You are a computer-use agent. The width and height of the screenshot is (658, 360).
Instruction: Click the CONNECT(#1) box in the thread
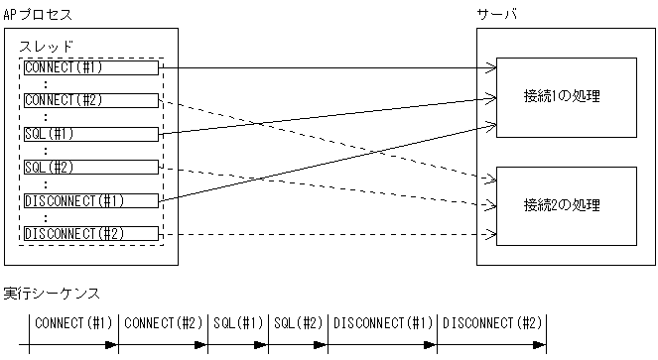click(x=90, y=67)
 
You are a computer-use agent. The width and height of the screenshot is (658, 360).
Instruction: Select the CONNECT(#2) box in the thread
click(x=90, y=100)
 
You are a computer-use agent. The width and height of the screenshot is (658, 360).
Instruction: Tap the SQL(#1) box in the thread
click(x=90, y=133)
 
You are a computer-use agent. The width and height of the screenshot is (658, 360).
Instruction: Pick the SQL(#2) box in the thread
click(x=90, y=167)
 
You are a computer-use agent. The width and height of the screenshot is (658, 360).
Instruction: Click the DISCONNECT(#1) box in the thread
click(x=90, y=200)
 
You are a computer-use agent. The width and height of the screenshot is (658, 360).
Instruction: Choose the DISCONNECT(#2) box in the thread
click(x=90, y=234)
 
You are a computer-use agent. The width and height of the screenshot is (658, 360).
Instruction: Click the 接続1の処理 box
click(x=565, y=97)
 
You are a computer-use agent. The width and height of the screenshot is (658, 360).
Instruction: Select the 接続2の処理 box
click(x=565, y=205)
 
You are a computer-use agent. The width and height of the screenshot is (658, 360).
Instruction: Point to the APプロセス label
click(x=39, y=14)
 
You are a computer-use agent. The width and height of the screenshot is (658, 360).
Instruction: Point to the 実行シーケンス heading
click(x=51, y=294)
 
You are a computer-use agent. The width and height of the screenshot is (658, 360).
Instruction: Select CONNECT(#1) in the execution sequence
click(x=74, y=323)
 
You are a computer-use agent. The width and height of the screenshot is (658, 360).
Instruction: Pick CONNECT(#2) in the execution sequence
click(x=164, y=323)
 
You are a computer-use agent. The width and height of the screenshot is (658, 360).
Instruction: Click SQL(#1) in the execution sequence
click(x=237, y=323)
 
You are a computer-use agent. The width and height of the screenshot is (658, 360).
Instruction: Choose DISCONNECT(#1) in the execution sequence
click(x=382, y=323)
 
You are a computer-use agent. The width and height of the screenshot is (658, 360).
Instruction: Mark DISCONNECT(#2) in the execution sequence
click(x=491, y=323)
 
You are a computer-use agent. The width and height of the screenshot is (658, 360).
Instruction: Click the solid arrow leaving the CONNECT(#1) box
click(x=328, y=68)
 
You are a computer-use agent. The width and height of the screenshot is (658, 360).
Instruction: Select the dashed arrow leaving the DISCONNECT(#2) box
click(x=328, y=235)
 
